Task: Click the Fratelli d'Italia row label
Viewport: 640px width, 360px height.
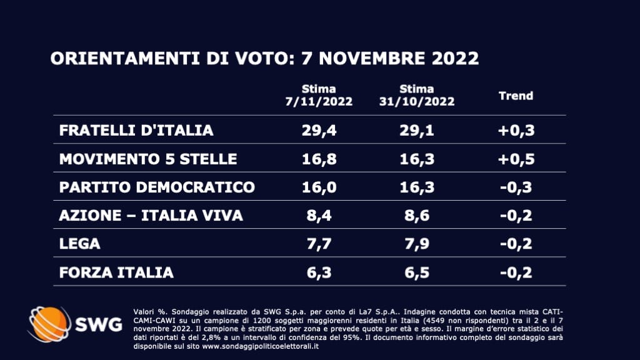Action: [x=136, y=131]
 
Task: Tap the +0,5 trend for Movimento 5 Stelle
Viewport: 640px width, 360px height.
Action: [x=516, y=159]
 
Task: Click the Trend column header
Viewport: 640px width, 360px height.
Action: [x=516, y=96]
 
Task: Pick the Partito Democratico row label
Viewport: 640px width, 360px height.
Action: [x=157, y=187]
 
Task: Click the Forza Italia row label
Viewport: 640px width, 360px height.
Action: [x=116, y=273]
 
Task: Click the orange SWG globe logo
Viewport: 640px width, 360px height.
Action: [x=49, y=324]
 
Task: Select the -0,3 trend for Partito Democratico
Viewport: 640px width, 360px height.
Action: [x=516, y=187]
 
